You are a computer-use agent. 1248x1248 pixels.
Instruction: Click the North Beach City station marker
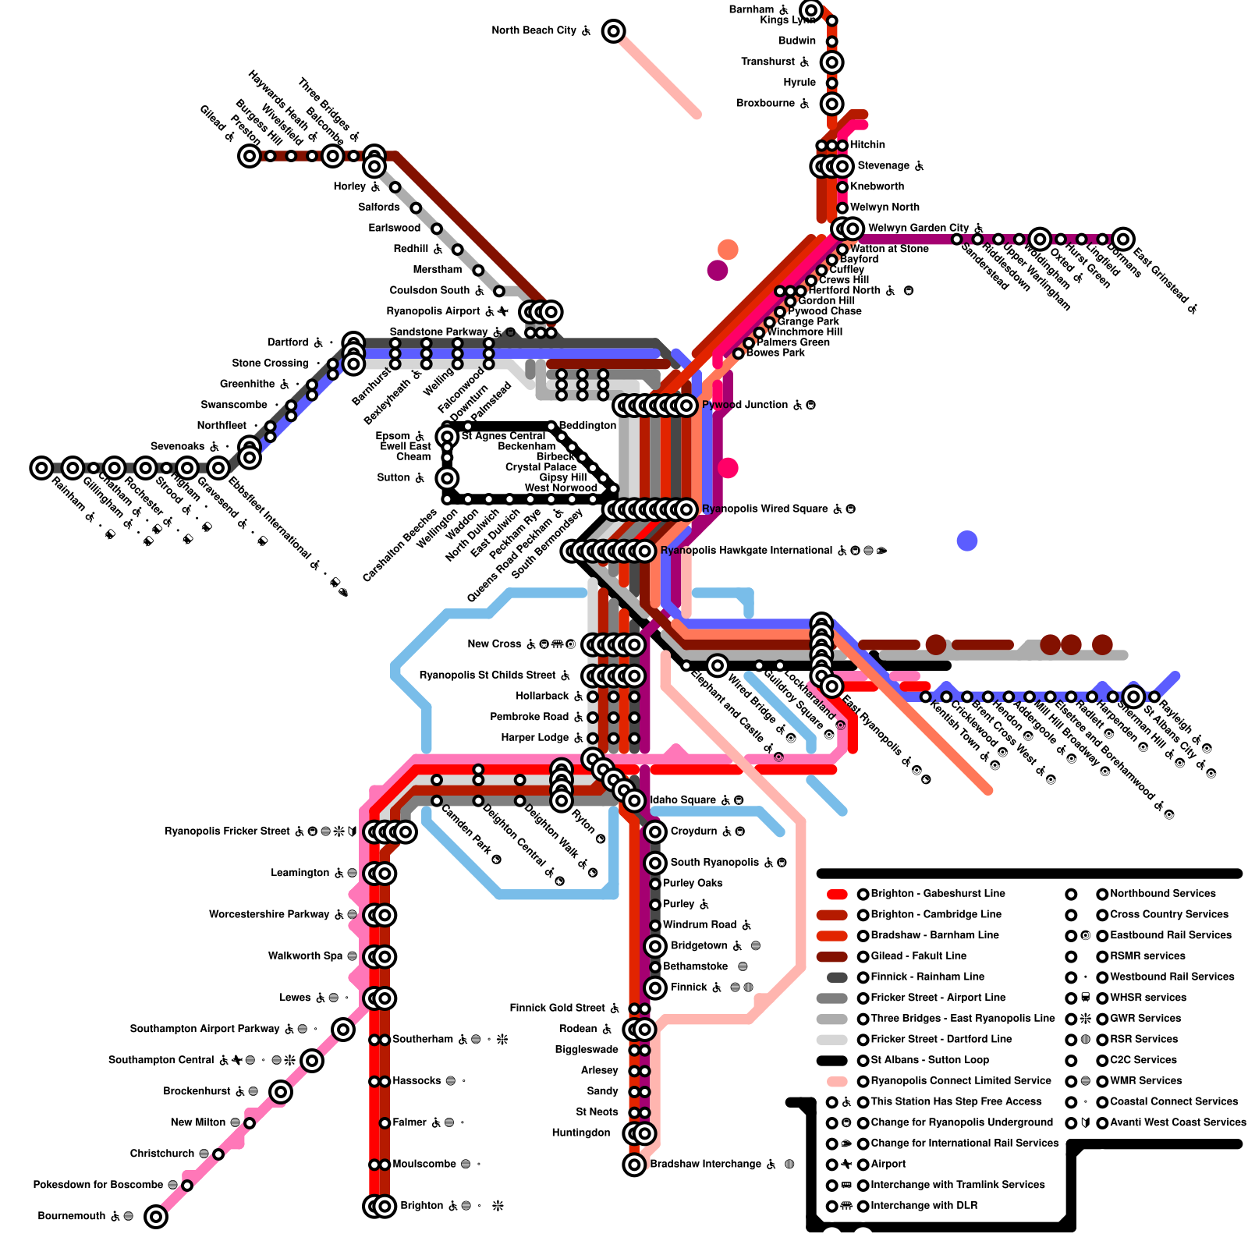(x=614, y=31)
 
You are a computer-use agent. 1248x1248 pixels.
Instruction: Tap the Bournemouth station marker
(x=156, y=1216)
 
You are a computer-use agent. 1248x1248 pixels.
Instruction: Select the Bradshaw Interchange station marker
(x=634, y=1165)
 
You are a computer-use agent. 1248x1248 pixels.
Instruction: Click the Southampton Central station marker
(x=312, y=1060)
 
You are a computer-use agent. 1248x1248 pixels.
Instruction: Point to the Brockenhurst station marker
(x=281, y=1091)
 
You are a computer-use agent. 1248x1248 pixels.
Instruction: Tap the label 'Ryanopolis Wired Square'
(x=765, y=509)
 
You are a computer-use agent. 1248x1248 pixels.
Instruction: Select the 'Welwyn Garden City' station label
(x=918, y=228)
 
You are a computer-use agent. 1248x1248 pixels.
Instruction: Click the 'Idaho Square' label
(x=683, y=799)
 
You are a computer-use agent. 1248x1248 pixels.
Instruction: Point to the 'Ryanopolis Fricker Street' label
(x=227, y=831)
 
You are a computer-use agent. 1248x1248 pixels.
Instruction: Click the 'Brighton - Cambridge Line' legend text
(x=936, y=914)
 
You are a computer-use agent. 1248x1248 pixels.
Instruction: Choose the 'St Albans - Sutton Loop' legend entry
(x=930, y=1060)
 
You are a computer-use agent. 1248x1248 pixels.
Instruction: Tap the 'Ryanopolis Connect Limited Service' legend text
(x=961, y=1080)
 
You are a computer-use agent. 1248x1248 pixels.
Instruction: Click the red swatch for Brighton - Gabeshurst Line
(x=837, y=894)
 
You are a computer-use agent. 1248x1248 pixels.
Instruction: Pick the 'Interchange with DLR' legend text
(x=924, y=1205)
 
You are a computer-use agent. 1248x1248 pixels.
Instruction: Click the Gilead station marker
(x=250, y=156)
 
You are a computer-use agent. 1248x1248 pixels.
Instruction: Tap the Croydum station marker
(x=655, y=831)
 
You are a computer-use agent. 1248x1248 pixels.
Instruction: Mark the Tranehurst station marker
(x=832, y=62)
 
